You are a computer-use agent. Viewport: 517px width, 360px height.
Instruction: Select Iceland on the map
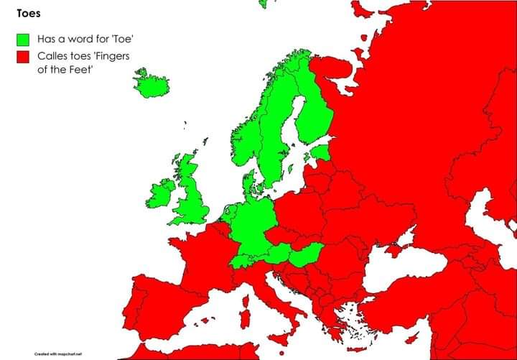[152, 85]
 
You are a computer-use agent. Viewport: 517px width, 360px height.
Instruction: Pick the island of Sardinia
[244, 314]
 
